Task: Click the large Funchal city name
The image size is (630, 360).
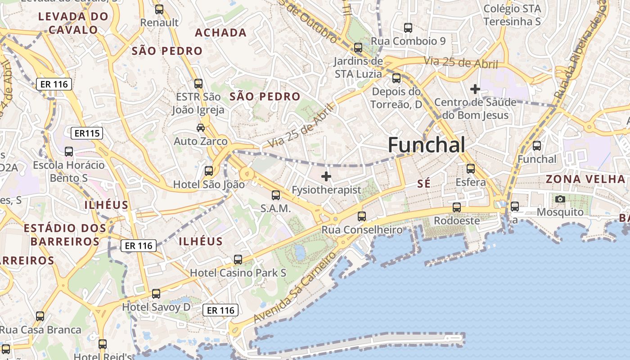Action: pyautogui.click(x=426, y=145)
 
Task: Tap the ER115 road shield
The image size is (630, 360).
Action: pyautogui.click(x=87, y=133)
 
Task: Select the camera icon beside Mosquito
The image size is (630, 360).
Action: pyautogui.click(x=560, y=199)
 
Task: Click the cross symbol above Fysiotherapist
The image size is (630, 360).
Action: pyautogui.click(x=326, y=176)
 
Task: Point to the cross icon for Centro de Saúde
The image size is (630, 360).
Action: pyautogui.click(x=475, y=89)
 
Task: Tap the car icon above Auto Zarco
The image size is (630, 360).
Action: pyautogui.click(x=201, y=128)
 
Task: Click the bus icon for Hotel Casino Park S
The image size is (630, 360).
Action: pyautogui.click(x=238, y=260)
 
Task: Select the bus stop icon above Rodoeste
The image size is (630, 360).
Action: pyautogui.click(x=457, y=207)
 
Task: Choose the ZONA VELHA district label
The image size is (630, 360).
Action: pyautogui.click(x=585, y=179)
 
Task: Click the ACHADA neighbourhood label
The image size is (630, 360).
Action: pyautogui.click(x=220, y=32)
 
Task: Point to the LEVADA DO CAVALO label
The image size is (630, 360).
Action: pyautogui.click(x=73, y=23)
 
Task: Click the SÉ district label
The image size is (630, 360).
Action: pyautogui.click(x=424, y=184)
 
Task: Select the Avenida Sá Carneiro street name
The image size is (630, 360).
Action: pyautogui.click(x=295, y=287)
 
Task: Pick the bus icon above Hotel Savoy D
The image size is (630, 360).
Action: pyautogui.click(x=156, y=294)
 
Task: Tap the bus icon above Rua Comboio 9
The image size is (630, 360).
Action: pyautogui.click(x=408, y=28)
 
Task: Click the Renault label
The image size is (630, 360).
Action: pyautogui.click(x=159, y=22)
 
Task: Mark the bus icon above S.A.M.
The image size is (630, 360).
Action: pyautogui.click(x=276, y=195)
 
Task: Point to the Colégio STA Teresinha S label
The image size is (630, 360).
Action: pyautogui.click(x=512, y=15)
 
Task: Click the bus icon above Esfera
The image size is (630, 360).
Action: pyautogui.click(x=471, y=169)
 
